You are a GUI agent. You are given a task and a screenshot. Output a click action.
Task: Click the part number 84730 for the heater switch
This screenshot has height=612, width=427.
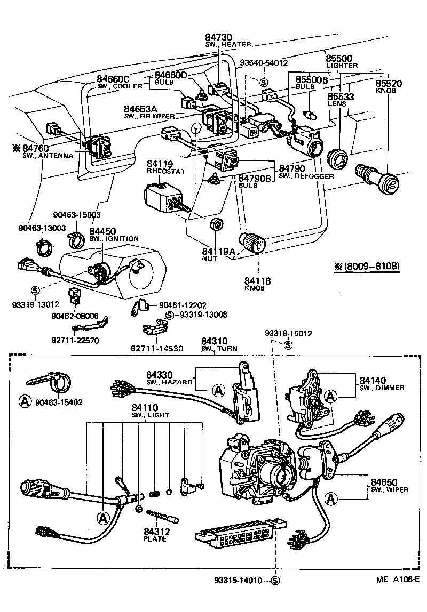(x=219, y=37)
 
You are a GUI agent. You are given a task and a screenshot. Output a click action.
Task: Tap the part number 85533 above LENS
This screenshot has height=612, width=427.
(x=340, y=96)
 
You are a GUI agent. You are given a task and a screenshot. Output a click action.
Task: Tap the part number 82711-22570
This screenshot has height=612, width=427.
(x=76, y=340)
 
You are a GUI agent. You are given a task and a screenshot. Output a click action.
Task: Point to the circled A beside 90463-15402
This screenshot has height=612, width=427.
(x=25, y=400)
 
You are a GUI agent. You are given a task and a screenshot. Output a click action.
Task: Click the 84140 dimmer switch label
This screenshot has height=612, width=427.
(x=373, y=380)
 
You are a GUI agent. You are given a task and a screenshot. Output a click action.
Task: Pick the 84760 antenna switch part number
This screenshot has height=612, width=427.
(x=35, y=148)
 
